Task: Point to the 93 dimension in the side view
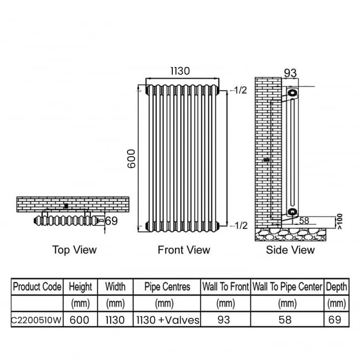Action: tap(291, 73)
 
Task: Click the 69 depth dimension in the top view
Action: tap(112, 221)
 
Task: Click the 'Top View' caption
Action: tap(74, 250)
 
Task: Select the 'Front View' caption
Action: tap(184, 250)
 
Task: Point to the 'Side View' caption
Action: tap(290, 250)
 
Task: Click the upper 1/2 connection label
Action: tap(240, 90)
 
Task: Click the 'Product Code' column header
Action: tap(37, 287)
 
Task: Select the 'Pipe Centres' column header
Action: tap(167, 287)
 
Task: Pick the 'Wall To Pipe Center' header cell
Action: tap(287, 287)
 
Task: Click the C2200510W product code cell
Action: tap(37, 320)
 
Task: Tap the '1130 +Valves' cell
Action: tap(167, 320)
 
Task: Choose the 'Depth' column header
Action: tap(337, 287)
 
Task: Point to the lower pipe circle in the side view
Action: tap(291, 212)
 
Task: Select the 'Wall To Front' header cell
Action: tap(225, 287)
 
